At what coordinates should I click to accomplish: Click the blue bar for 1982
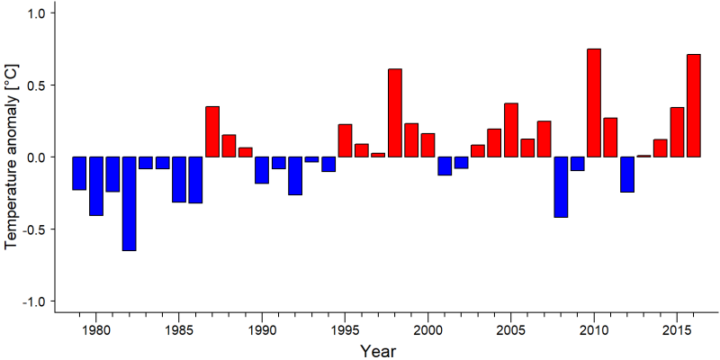coord(129,204)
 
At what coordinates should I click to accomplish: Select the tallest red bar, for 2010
coord(594,103)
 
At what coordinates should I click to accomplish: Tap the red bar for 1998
coord(395,113)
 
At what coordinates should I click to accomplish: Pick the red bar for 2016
coord(694,105)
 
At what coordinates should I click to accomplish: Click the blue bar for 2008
coord(561,187)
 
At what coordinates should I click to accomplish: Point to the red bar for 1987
coord(212,131)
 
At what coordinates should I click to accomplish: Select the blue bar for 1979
coord(79,173)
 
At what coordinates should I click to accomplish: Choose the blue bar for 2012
coord(627,175)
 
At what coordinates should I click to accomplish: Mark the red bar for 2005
coord(511,130)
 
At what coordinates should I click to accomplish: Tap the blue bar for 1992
coord(295,175)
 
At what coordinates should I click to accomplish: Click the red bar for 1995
coord(345,140)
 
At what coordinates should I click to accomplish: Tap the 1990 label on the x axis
coord(262,330)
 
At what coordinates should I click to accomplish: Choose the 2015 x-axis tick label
coord(677,330)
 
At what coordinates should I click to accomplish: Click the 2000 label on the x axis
coord(428,330)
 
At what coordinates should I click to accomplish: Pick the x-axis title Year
coord(377,351)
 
